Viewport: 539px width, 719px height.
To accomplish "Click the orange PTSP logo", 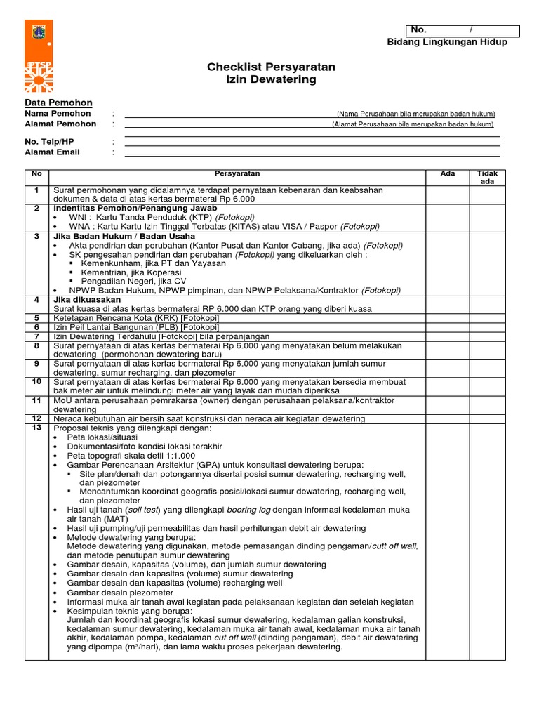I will click(39, 56).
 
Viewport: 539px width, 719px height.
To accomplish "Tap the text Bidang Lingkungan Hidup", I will click(448, 42).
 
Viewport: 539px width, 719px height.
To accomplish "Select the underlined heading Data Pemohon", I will click(53, 103).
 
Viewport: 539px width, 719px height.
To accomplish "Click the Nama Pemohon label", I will click(58, 113).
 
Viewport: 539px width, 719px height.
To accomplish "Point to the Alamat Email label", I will click(52, 152).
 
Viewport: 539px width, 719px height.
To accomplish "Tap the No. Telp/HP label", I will click(49, 141).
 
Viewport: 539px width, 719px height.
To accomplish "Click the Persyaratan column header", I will click(237, 173).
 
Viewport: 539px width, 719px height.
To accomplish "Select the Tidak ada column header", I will click(487, 177).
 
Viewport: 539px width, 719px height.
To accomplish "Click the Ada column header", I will click(447, 173).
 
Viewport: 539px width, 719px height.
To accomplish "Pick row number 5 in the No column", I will click(36, 318).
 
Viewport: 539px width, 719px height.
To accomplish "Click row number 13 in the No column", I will click(36, 427).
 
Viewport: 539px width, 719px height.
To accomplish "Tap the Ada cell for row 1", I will click(447, 194).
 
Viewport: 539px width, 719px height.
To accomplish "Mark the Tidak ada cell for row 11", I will click(487, 404).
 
